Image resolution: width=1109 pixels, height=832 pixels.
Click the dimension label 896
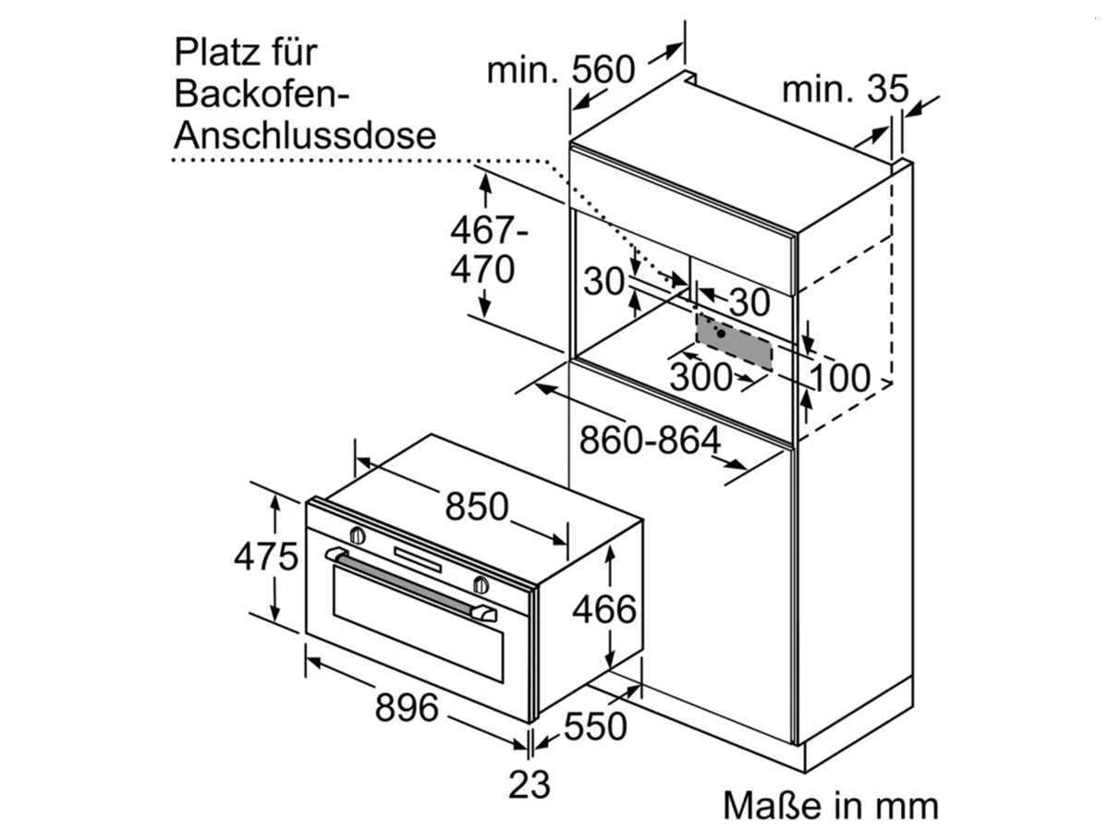pyautogui.click(x=407, y=708)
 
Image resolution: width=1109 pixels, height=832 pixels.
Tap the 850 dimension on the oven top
pyautogui.click(x=477, y=507)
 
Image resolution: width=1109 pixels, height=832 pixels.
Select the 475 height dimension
pyautogui.click(x=266, y=557)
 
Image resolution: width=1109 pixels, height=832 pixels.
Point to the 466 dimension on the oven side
pyautogui.click(x=604, y=610)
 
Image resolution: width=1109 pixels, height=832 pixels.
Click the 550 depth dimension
pyautogui.click(x=595, y=727)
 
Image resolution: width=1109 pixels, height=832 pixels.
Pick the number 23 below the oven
pyautogui.click(x=529, y=785)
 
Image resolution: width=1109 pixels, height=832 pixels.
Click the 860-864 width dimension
pyautogui.click(x=650, y=440)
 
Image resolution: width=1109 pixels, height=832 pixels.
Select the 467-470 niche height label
pyautogui.click(x=488, y=250)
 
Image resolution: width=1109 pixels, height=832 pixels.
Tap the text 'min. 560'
pyautogui.click(x=561, y=69)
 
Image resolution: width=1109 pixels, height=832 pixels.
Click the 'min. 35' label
pyautogui.click(x=846, y=89)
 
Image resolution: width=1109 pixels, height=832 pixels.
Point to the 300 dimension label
pyautogui.click(x=701, y=376)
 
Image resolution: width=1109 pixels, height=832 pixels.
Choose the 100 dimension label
pyautogui.click(x=840, y=377)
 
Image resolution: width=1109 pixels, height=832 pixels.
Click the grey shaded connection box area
pyautogui.click(x=734, y=342)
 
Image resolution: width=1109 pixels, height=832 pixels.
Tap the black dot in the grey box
pyautogui.click(x=721, y=334)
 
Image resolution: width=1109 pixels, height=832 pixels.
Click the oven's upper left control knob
pyautogui.click(x=358, y=535)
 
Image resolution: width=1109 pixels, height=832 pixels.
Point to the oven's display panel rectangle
pyautogui.click(x=418, y=559)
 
